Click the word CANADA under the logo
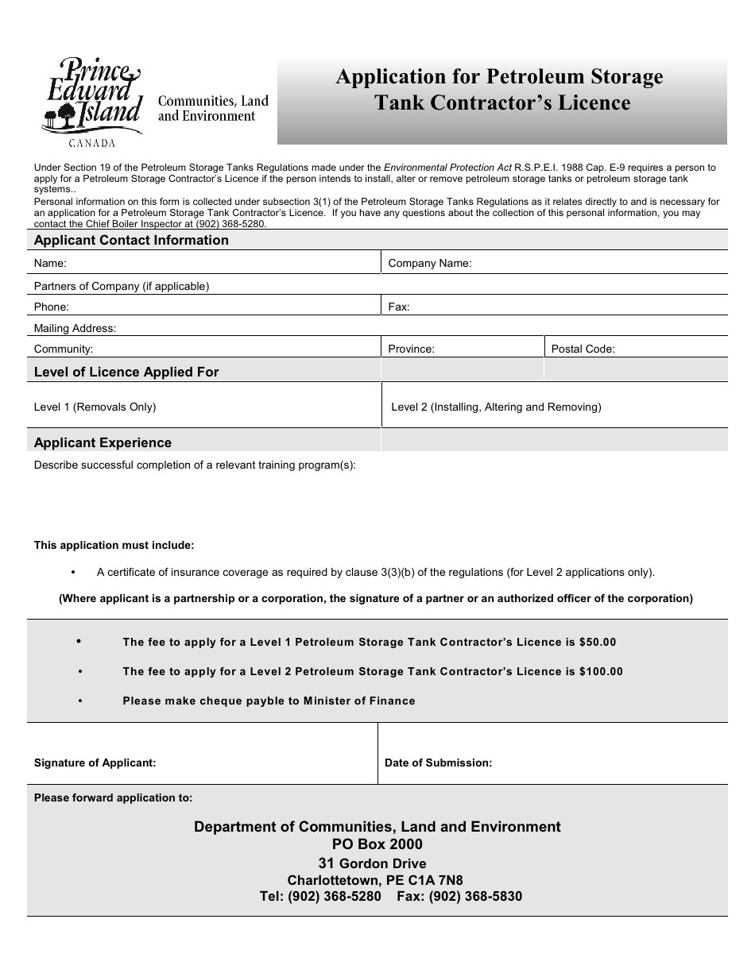(x=92, y=143)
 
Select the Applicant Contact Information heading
(x=131, y=241)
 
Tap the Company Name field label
(x=429, y=264)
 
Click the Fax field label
(x=399, y=307)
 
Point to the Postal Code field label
(x=583, y=349)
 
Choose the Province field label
(x=411, y=349)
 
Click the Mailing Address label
(x=75, y=328)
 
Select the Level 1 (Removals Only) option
(x=95, y=407)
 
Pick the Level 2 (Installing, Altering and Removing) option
(x=496, y=407)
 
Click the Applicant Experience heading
(x=103, y=442)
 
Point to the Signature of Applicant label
(x=95, y=763)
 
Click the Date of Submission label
(x=438, y=763)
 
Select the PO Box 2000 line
(x=377, y=844)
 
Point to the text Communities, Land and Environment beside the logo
(x=213, y=109)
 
